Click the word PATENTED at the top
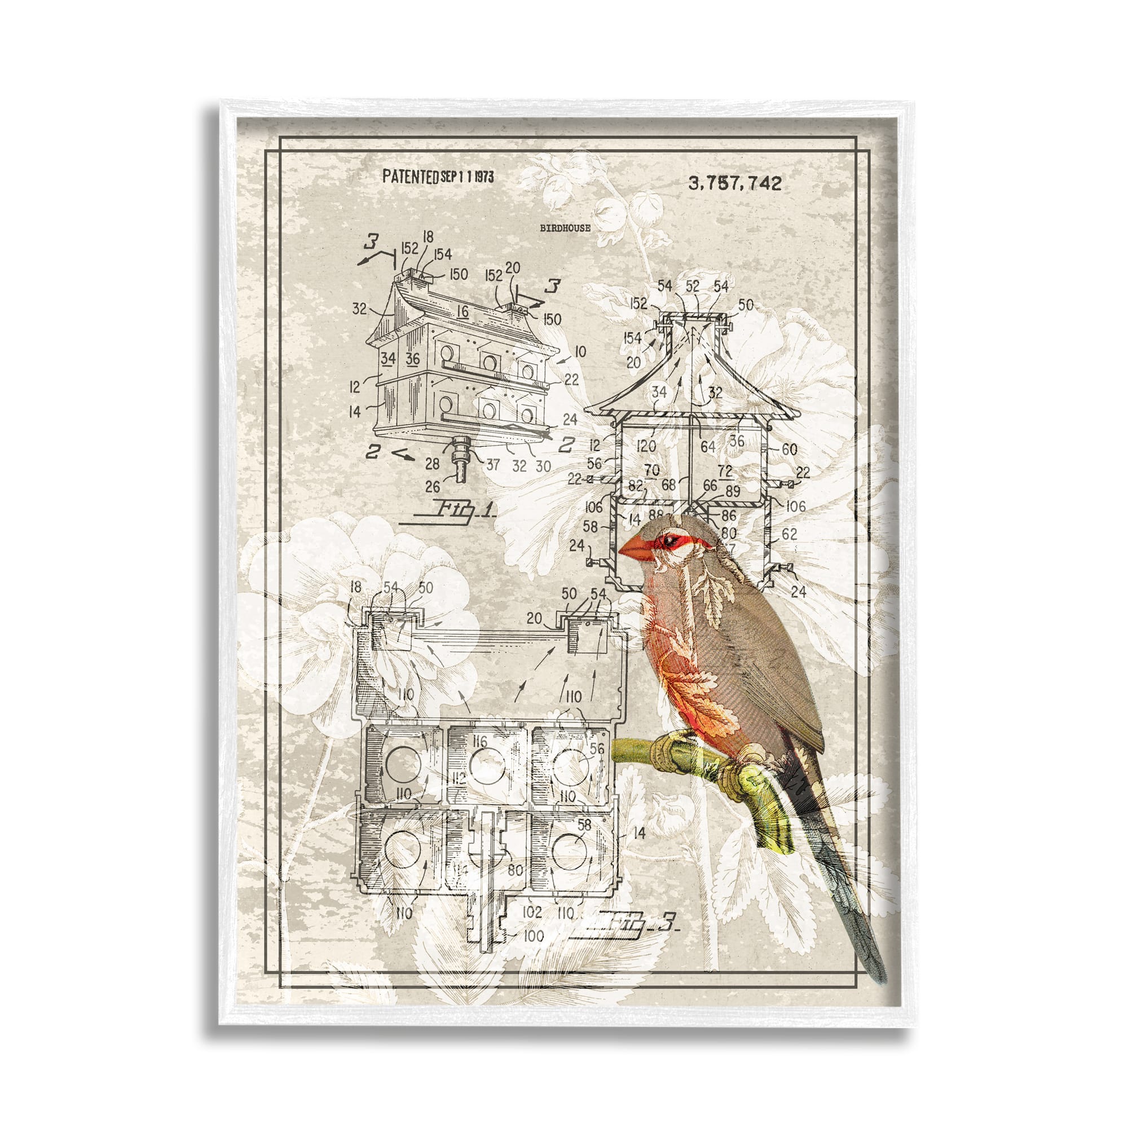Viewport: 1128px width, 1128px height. pos(410,177)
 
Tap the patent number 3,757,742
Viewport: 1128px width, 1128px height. pos(734,183)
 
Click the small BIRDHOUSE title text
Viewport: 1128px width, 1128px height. pos(565,228)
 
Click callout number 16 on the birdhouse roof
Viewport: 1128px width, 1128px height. pos(462,311)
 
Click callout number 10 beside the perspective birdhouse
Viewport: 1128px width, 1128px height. pos(580,351)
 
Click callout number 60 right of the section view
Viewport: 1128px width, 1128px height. pos(790,448)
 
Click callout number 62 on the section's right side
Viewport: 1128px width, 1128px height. pos(789,533)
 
